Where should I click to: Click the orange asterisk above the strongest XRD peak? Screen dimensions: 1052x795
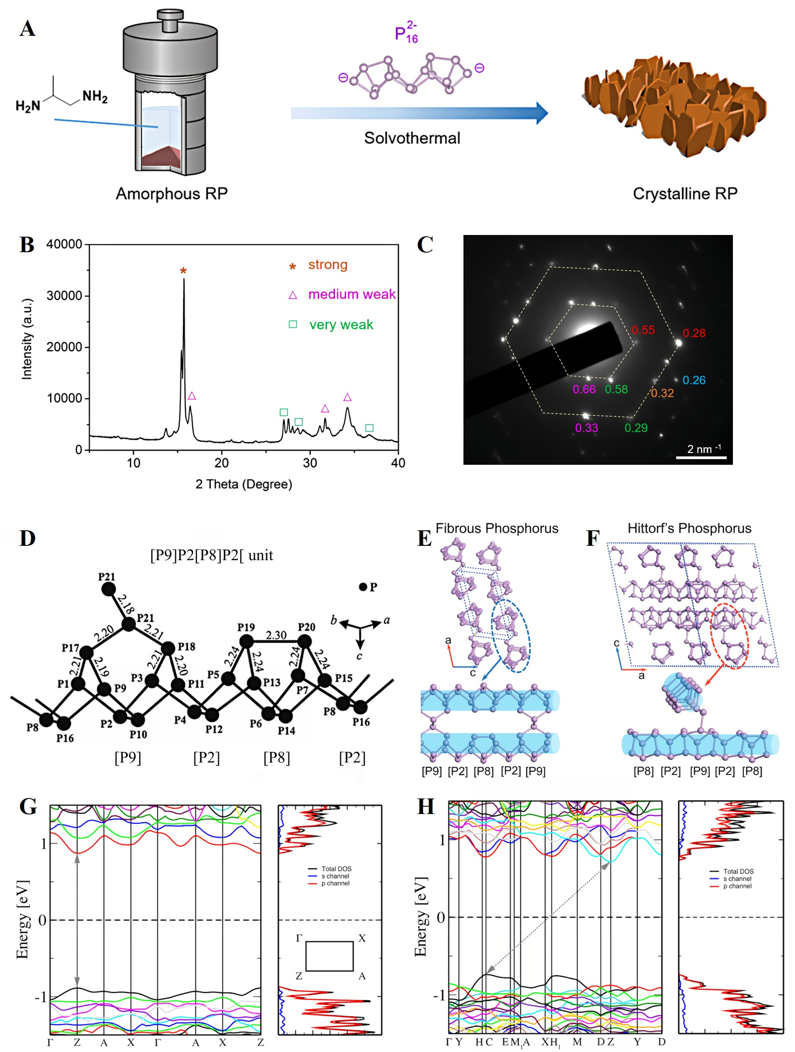coord(183,271)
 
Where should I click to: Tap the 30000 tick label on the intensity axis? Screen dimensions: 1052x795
coord(64,296)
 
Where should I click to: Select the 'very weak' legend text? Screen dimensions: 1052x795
coord(341,325)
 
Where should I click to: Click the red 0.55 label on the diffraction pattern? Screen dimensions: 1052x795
coord(643,330)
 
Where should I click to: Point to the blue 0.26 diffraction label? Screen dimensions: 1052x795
coord(694,380)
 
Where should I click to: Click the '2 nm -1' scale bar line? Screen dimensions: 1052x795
coord(701,457)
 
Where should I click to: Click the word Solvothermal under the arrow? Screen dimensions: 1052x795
coord(412,138)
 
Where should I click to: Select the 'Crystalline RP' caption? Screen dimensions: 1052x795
coord(685,194)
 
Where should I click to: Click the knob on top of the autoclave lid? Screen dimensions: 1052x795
coord(170,20)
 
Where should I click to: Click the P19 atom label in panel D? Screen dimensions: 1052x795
coord(246,627)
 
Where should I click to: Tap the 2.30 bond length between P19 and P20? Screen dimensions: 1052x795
coord(276,635)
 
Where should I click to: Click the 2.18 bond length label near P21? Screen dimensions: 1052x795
coord(125,604)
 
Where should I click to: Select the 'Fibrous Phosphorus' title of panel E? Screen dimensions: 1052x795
coord(496,529)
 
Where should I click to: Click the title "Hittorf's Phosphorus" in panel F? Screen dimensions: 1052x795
coord(689,529)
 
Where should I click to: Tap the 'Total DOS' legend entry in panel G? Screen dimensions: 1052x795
coord(336,869)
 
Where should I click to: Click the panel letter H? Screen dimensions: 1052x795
coord(425,807)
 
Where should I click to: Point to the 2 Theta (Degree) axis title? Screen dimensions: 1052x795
coord(244,484)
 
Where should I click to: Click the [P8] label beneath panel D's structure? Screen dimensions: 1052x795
coord(276,757)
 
